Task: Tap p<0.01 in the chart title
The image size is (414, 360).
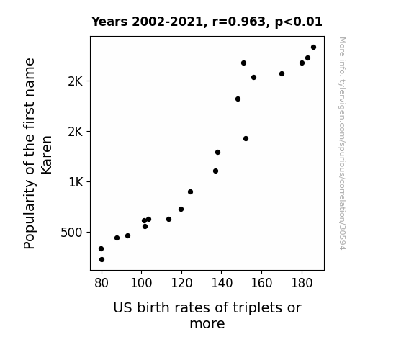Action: [298, 22]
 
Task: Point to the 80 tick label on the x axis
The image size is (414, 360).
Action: [102, 283]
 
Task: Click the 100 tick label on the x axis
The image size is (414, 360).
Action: [142, 283]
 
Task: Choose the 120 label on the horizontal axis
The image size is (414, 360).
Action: [181, 283]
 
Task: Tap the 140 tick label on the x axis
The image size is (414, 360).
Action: [222, 283]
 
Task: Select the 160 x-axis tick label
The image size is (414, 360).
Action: [261, 283]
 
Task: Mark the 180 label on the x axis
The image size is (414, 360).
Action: [302, 283]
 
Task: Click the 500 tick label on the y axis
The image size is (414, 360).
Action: [72, 233]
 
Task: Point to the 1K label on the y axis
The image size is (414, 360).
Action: [76, 182]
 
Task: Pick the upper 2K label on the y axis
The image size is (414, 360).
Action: [76, 81]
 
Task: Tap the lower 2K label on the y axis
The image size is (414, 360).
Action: [76, 132]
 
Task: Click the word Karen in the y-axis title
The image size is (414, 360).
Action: [47, 155]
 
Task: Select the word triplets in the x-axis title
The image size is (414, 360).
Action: [253, 308]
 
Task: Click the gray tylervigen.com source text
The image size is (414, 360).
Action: [342, 143]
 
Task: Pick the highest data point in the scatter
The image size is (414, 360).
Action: [313, 48]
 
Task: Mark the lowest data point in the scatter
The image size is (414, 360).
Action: [102, 260]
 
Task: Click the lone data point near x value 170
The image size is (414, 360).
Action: [282, 73]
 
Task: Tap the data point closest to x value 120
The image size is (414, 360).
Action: [181, 210]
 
